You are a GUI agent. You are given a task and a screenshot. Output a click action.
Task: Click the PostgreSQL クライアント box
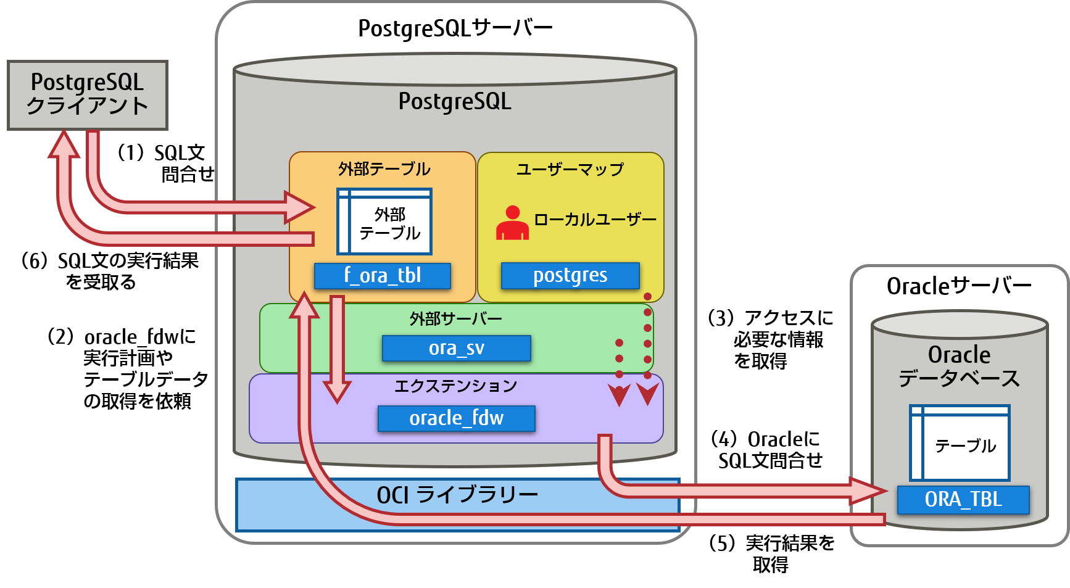87,95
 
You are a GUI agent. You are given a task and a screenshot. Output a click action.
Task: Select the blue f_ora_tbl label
383,276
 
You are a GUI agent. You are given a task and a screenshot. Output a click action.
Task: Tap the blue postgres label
570,276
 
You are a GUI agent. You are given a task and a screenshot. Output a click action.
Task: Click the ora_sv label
456,349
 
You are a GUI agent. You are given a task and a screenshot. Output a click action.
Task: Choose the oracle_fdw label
456,418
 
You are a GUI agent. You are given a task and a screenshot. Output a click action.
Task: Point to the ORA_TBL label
963,499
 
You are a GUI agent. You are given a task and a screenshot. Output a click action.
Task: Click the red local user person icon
512,223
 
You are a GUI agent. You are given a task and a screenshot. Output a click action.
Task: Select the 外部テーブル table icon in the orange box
384,222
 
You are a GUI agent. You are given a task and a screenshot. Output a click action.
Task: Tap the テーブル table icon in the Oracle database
959,443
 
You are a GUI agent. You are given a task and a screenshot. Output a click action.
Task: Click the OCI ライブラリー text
457,495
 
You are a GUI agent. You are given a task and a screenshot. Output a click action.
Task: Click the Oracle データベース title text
959,366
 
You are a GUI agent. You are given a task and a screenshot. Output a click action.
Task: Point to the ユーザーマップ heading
570,169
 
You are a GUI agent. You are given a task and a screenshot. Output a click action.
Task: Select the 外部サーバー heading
455,319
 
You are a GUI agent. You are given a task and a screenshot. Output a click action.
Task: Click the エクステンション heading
455,386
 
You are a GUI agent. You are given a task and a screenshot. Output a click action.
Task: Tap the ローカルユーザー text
595,220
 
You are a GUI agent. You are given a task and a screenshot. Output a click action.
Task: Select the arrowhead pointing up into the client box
64,146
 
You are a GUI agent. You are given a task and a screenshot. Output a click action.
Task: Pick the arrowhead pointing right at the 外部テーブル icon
301,207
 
